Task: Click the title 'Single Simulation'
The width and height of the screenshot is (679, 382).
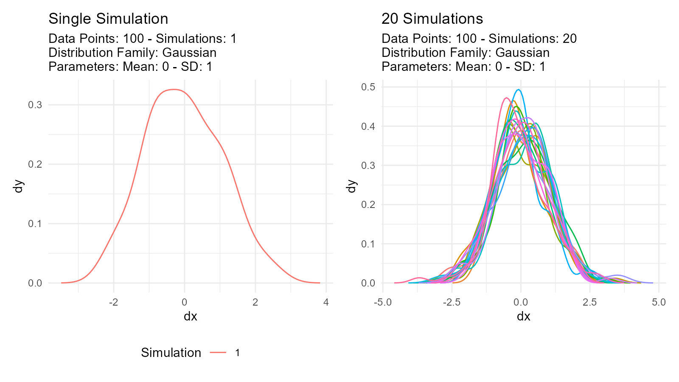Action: pyautogui.click(x=108, y=19)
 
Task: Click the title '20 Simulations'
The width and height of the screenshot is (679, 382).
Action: pyautogui.click(x=432, y=19)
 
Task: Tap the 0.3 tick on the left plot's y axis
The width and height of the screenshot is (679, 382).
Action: pyautogui.click(x=35, y=105)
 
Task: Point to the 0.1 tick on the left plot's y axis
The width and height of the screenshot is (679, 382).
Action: pyautogui.click(x=35, y=224)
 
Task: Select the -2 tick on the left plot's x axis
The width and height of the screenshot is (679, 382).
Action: pyautogui.click(x=113, y=302)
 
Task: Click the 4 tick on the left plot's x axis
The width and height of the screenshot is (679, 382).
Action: pyautogui.click(x=326, y=302)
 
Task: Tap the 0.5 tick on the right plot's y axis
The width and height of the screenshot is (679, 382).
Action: pyautogui.click(x=368, y=87)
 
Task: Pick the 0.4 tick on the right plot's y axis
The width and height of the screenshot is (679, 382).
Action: pyautogui.click(x=368, y=126)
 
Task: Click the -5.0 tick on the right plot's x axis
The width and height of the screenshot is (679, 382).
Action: pyautogui.click(x=382, y=302)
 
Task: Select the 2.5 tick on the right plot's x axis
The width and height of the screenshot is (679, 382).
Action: pyautogui.click(x=589, y=302)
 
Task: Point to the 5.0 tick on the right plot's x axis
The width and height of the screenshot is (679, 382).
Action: pyautogui.click(x=658, y=302)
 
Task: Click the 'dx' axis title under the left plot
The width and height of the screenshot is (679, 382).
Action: pyautogui.click(x=190, y=317)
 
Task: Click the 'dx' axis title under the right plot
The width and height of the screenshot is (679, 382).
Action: pyautogui.click(x=523, y=317)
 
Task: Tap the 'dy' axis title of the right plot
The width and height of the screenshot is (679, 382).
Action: pyautogui.click(x=351, y=186)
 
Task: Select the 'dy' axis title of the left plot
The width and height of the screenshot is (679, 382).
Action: pyautogui.click(x=19, y=186)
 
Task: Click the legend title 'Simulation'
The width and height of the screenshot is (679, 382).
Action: pyautogui.click(x=171, y=353)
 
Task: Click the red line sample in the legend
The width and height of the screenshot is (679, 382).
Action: pyautogui.click(x=218, y=353)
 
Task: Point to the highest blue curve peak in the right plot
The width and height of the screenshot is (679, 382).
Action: pyautogui.click(x=519, y=90)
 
